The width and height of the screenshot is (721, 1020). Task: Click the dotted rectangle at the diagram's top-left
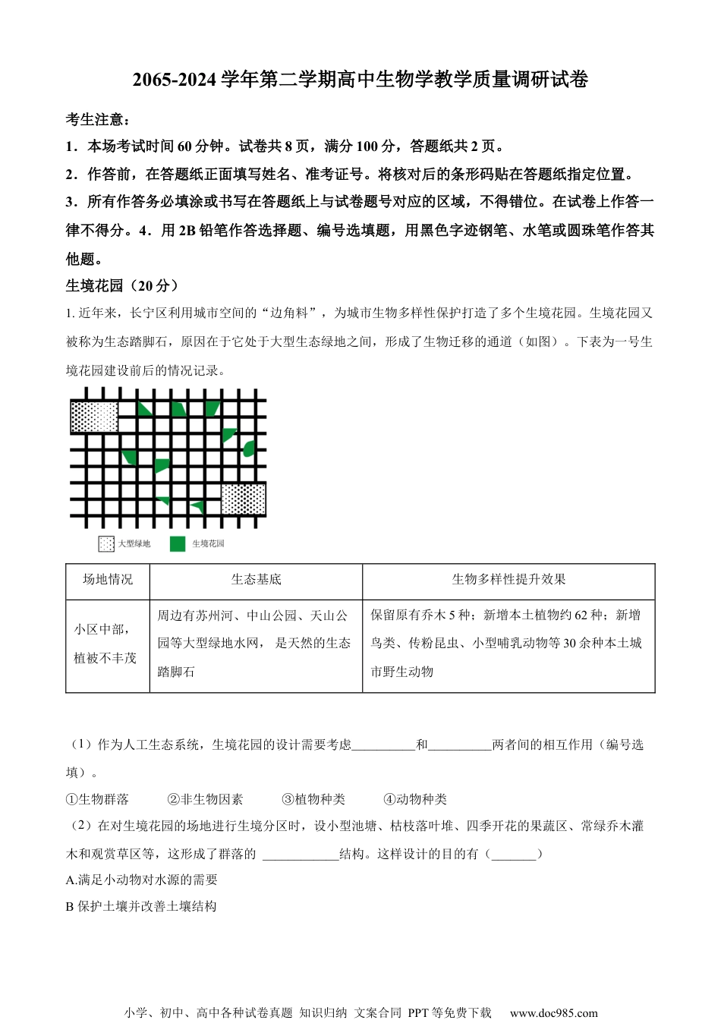tap(94, 417)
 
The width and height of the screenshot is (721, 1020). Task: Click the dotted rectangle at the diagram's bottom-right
tap(243, 499)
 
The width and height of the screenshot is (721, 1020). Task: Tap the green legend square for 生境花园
tap(178, 544)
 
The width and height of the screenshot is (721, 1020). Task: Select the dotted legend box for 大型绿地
tap(106, 544)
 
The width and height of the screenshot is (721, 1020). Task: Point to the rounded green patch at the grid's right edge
tap(248, 449)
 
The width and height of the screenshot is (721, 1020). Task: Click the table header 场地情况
tap(108, 580)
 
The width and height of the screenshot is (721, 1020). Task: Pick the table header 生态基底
tap(256, 580)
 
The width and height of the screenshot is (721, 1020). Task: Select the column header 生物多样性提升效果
tap(508, 580)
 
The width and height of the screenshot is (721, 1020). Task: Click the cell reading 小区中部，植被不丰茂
tap(106, 644)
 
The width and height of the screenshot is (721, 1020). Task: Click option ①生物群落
tap(97, 799)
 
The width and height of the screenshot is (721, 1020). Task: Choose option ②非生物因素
tap(206, 799)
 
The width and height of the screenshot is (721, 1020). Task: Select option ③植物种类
tap(313, 799)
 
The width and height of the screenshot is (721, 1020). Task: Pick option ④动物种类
tap(415, 799)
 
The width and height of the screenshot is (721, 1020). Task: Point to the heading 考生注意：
tap(98, 120)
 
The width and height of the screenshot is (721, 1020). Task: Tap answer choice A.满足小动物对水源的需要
tap(142, 880)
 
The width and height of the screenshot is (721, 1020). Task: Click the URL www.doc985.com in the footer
tap(553, 1012)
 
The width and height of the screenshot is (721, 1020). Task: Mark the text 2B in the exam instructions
tap(187, 231)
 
